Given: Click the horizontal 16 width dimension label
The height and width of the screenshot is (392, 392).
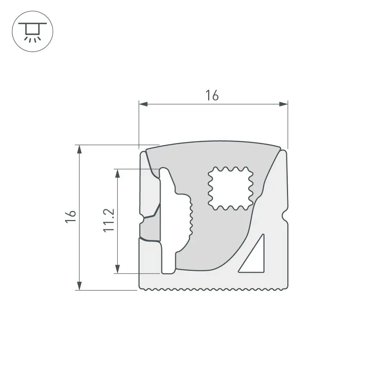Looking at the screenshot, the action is pos(212,96).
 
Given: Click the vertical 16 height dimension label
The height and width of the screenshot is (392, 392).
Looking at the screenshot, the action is pos(71,217).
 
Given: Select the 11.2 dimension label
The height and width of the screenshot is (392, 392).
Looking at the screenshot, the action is pos(109,220).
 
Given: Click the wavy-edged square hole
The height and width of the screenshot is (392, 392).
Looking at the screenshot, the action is pos(230,188).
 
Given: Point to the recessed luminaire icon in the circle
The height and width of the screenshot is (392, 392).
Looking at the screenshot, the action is pos(33,31).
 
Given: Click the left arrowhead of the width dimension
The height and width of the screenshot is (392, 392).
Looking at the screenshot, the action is pos(143,104).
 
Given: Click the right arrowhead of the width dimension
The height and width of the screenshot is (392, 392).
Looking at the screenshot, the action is pos(283,104).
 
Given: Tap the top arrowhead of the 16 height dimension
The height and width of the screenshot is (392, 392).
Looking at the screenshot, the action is pos(79,149).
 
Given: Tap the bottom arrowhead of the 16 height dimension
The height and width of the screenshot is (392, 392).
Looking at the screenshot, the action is pos(79,286).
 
